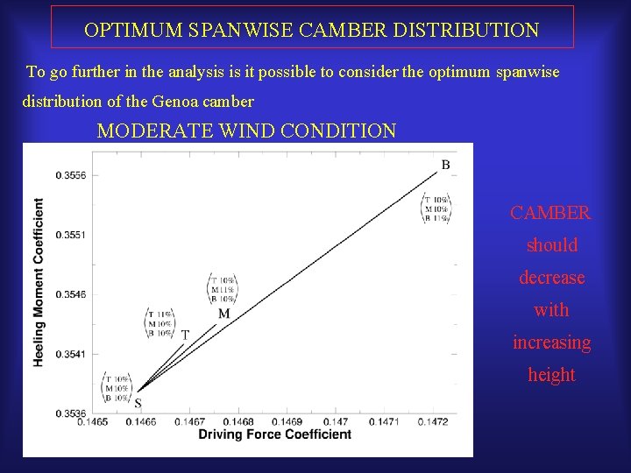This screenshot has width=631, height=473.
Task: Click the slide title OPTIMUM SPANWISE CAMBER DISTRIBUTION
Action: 312,30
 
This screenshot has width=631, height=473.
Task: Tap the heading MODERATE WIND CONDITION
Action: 246,131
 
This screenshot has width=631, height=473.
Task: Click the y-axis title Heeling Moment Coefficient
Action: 39,282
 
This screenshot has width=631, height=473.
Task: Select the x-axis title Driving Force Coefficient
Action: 274,434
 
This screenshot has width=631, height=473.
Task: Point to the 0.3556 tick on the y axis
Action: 70,176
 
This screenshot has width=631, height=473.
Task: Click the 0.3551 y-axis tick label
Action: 70,235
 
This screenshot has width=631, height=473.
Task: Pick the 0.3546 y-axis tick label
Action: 70,294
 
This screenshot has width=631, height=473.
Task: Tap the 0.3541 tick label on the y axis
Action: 70,354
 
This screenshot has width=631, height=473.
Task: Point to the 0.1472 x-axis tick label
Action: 433,422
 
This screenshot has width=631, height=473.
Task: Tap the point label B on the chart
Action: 445,165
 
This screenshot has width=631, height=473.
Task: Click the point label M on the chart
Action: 223,314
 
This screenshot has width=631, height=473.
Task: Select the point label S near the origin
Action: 138,404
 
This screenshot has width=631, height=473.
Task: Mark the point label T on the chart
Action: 185,334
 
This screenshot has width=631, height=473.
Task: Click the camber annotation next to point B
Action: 436,208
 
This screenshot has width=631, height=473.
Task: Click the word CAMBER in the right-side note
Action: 550,213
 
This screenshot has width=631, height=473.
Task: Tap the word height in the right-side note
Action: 551,375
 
